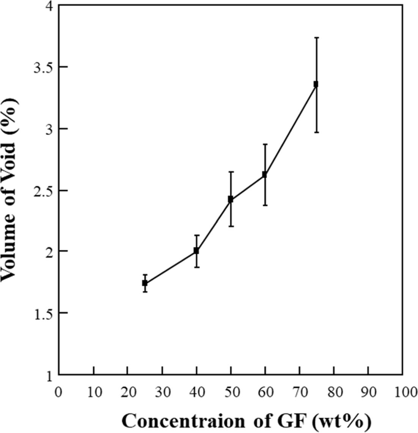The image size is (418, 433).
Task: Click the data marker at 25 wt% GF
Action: (145, 283)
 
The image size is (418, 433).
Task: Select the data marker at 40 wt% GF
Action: (196, 251)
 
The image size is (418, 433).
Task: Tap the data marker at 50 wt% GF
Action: (230, 199)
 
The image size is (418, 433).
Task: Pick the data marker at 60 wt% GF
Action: (264, 175)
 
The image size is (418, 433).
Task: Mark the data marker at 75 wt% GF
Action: (316, 84)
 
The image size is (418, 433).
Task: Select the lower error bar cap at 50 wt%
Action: (230, 226)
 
